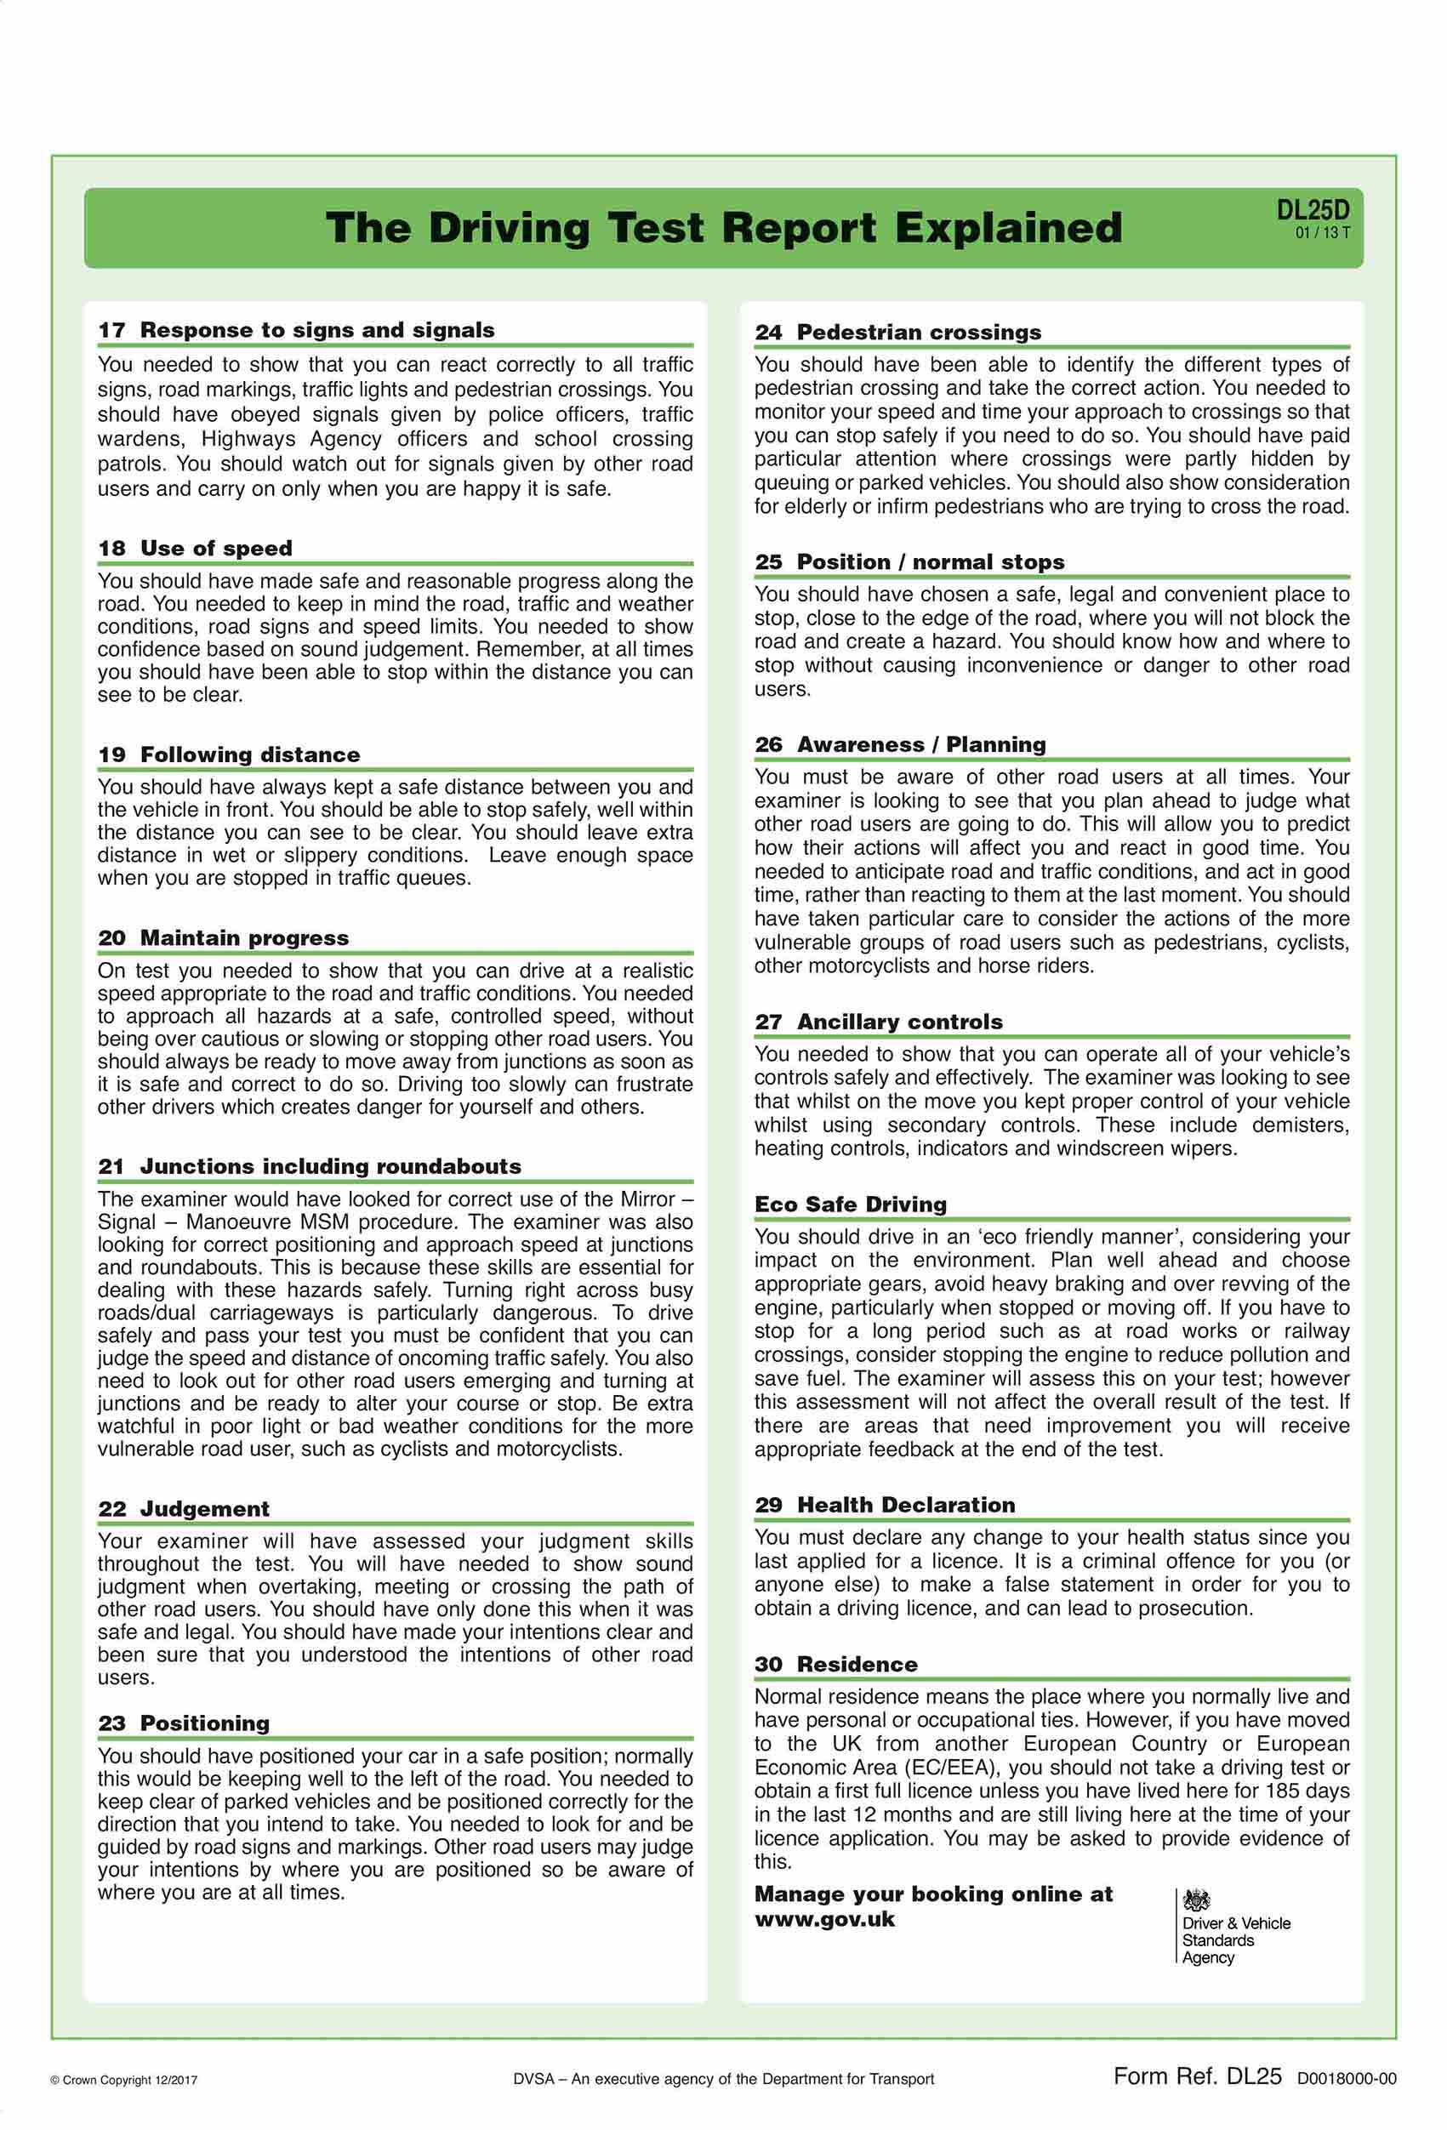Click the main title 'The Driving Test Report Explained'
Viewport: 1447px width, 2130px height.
pos(723,227)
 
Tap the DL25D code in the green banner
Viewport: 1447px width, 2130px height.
pos(1313,210)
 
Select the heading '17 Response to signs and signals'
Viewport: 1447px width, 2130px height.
pos(296,330)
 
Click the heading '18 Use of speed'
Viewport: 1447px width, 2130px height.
pos(195,548)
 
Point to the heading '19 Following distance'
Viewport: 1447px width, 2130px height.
pos(229,755)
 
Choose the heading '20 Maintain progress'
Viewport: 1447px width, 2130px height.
pos(224,937)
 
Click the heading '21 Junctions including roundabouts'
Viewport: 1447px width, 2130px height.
pos(310,1166)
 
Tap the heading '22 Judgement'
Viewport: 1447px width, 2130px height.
pos(183,1508)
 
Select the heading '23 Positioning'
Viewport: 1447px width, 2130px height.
pos(183,1723)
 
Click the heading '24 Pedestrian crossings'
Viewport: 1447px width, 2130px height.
pos(898,332)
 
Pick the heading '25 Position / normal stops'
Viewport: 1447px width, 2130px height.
pos(909,561)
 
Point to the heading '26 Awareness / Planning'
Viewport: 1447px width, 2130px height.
pos(900,744)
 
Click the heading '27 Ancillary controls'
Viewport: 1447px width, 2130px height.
pos(878,1022)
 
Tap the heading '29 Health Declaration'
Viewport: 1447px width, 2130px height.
pos(885,1505)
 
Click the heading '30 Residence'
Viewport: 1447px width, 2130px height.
pos(835,1665)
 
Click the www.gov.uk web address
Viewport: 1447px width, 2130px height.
pos(825,1919)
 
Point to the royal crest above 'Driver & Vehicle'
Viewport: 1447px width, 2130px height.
pos(1196,1899)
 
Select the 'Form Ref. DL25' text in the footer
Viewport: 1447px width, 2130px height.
pos(1197,2076)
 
